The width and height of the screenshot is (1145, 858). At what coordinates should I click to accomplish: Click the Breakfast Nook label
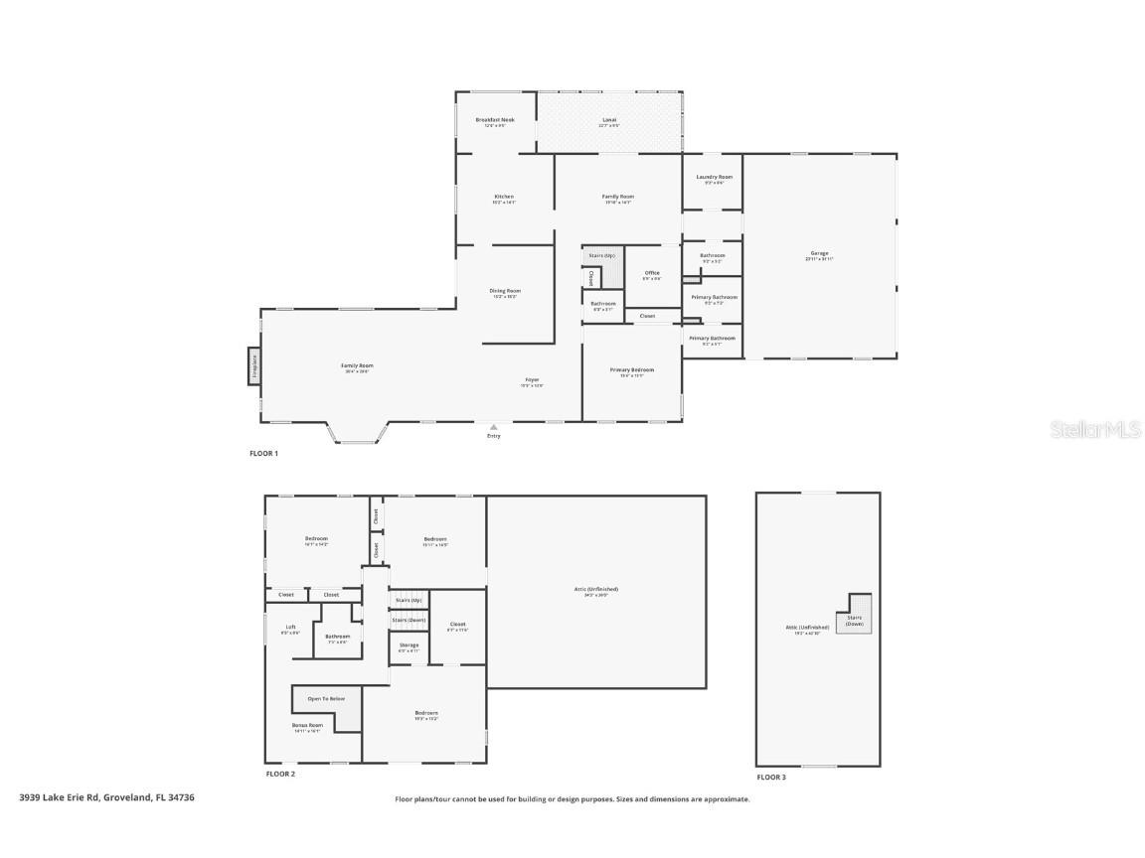495,121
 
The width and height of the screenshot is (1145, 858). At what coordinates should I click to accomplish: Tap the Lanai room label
609,121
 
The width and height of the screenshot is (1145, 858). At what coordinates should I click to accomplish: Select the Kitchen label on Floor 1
504,198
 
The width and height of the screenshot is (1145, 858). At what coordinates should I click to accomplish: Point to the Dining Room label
504,292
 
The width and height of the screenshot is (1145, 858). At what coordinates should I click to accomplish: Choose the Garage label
819,254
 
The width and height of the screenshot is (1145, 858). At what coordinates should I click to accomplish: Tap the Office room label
652,274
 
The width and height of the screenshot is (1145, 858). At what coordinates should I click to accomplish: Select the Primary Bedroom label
632,370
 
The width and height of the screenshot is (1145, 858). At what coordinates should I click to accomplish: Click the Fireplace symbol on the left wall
253,365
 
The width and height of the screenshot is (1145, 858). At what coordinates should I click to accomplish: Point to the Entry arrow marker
494,428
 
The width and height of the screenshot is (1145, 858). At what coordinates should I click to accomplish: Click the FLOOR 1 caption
263,453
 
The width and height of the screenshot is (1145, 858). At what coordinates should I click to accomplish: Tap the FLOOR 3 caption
770,777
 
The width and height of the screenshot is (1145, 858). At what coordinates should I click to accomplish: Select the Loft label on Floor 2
290,628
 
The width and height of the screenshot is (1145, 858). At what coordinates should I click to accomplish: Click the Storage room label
409,645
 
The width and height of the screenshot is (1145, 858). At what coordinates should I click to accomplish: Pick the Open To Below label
326,699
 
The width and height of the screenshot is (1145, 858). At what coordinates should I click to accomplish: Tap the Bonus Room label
306,726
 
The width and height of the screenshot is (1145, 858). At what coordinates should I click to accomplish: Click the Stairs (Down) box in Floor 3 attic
854,620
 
